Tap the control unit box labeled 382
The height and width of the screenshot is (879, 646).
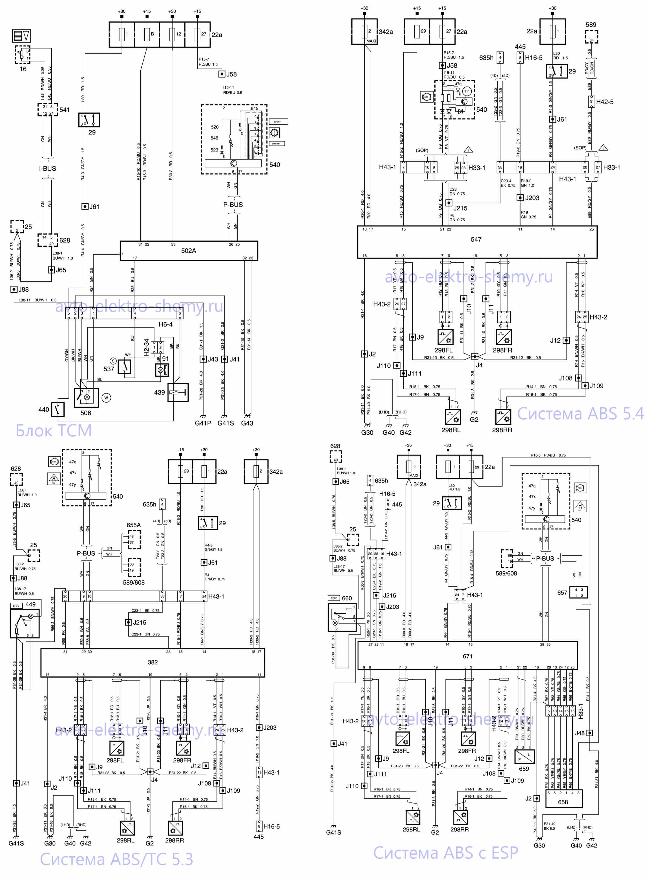(x=152, y=662)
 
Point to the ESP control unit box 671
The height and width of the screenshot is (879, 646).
(x=467, y=656)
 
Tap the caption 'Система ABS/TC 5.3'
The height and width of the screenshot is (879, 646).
(x=117, y=859)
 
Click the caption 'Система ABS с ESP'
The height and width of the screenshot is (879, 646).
(x=445, y=853)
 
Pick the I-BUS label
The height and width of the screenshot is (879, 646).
(x=47, y=169)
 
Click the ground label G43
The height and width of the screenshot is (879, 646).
(x=247, y=423)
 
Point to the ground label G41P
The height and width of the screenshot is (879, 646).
(x=203, y=423)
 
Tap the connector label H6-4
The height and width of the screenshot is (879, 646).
(x=165, y=324)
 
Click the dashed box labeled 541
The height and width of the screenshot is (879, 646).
(x=48, y=110)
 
